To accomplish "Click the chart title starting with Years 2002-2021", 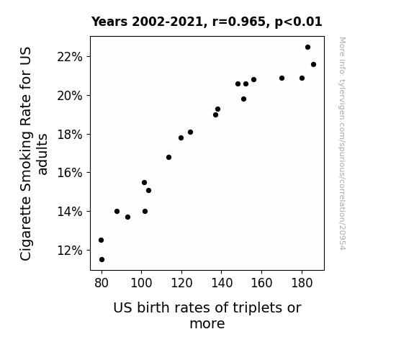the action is click(x=207, y=22).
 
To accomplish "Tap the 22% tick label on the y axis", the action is click(x=70, y=57).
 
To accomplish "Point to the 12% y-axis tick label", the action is click(x=70, y=251).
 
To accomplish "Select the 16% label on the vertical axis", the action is click(x=70, y=173).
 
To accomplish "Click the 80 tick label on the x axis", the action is click(x=102, y=283).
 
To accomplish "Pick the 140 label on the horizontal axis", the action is click(x=222, y=283).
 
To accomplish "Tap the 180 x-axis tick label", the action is click(x=302, y=283).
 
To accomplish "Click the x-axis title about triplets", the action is click(x=207, y=315).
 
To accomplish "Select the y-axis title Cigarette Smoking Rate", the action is click(x=33, y=153).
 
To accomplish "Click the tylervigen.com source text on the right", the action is click(x=342, y=143).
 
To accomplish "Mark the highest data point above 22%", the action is click(x=307, y=48).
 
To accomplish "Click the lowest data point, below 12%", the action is click(x=102, y=260).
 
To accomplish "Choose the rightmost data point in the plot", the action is click(x=313, y=65).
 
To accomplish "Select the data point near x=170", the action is click(x=282, y=78).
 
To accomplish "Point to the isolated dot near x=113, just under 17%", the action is click(x=168, y=158).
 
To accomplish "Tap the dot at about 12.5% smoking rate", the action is click(x=101, y=240).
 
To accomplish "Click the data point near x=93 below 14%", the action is click(x=127, y=217).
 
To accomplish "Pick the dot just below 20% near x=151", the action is click(x=243, y=99).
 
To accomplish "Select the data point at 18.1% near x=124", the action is click(x=190, y=132).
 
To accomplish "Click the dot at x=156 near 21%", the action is click(x=253, y=79).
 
